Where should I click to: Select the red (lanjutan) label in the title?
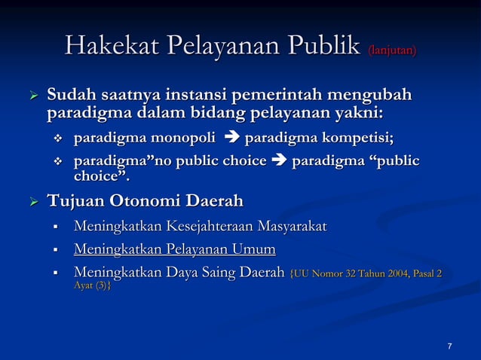point(391,50)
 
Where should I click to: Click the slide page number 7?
point(449,346)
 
